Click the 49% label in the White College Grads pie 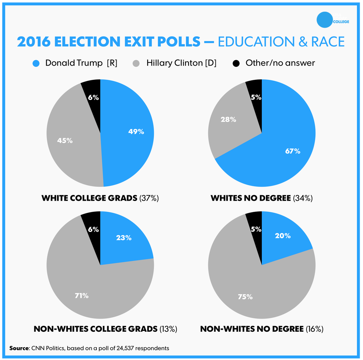(x=136, y=132)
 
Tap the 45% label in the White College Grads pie (x=65, y=141)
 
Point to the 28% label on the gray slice (x=228, y=119)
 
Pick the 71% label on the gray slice (x=81, y=296)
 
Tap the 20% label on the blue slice (x=283, y=236)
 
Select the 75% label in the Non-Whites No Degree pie (x=245, y=297)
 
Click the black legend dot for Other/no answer (x=237, y=63)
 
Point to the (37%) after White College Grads (x=149, y=198)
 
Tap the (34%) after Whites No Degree (x=303, y=198)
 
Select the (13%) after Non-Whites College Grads (x=168, y=329)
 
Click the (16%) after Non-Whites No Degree (x=314, y=329)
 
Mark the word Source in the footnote (x=19, y=348)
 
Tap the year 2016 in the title (x=34, y=42)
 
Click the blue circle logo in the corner (x=325, y=19)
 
